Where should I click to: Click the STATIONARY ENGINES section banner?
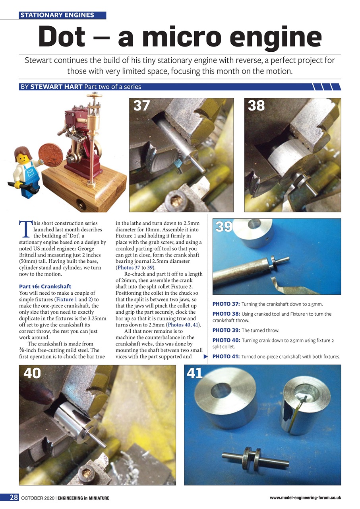coord(62,16)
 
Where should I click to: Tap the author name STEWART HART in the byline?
coord(56,87)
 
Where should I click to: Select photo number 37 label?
coord(142,106)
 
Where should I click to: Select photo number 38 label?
coord(256,106)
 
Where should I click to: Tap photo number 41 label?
coord(195,373)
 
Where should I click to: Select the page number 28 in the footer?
coord(14,497)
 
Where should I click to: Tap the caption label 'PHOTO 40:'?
coord(226,340)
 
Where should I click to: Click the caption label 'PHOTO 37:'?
coord(226,304)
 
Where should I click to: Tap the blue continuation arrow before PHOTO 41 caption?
coord(206,356)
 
